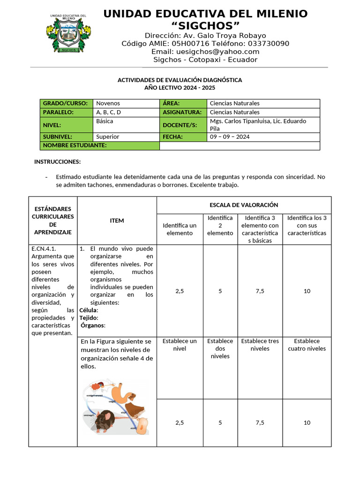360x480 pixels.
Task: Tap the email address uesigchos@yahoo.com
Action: (x=223, y=52)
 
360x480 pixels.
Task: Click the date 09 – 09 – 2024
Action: (x=230, y=137)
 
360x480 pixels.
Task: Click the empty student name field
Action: (x=240, y=146)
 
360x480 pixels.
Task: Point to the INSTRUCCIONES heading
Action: (x=57, y=162)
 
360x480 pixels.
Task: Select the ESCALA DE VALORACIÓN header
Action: (x=244, y=205)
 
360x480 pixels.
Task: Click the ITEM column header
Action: (x=117, y=220)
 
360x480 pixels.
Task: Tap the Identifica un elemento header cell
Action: (x=180, y=229)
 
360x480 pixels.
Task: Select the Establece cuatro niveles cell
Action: (x=307, y=345)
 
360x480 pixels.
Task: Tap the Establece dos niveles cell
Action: (x=220, y=349)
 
